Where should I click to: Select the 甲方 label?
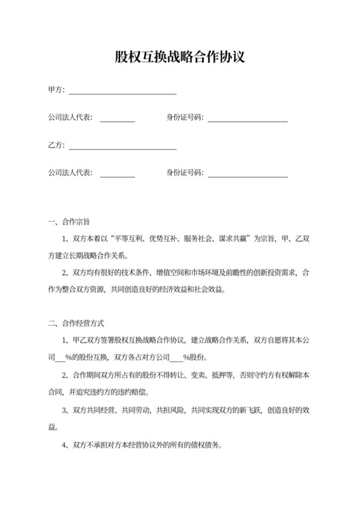[x=56, y=90]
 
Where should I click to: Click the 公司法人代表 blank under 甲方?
[x=118, y=120]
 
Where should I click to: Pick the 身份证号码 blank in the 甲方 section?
[x=248, y=120]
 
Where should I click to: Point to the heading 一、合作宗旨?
[x=69, y=223]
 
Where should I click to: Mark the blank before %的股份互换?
[x=62, y=357]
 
